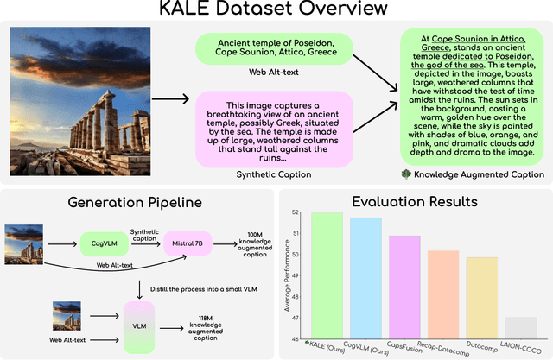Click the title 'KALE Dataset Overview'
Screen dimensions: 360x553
point(276,12)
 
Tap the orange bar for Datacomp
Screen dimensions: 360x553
point(481,297)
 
